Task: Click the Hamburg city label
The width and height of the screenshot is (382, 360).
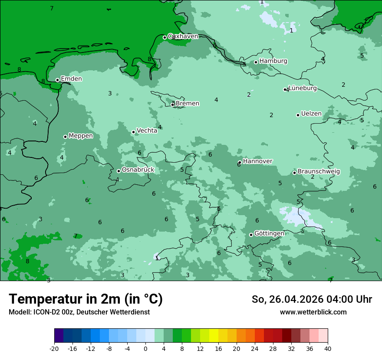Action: click(x=273, y=61)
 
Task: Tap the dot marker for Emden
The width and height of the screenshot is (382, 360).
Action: click(x=57, y=80)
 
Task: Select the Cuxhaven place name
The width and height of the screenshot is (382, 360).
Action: click(x=183, y=36)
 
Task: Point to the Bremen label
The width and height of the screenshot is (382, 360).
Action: click(x=188, y=104)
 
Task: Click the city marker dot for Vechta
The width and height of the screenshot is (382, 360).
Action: click(x=133, y=132)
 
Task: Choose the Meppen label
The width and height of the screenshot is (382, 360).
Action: click(x=81, y=136)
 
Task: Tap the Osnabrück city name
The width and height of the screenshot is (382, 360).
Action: click(x=138, y=170)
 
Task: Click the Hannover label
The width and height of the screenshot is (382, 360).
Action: click(x=257, y=161)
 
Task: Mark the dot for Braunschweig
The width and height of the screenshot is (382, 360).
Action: click(x=294, y=173)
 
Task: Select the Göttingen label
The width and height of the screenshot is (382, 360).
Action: click(x=269, y=233)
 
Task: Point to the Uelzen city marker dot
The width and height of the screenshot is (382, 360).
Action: click(x=298, y=115)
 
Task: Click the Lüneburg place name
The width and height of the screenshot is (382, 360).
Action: click(x=303, y=88)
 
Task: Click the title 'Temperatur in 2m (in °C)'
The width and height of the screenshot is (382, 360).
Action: click(x=86, y=299)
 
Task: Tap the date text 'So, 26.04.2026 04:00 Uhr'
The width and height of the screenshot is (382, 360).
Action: click(x=312, y=299)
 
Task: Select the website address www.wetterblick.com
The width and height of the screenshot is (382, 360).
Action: click(x=313, y=312)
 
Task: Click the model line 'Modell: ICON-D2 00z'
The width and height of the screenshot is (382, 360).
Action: click(x=79, y=312)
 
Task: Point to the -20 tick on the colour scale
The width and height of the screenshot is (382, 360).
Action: click(x=54, y=349)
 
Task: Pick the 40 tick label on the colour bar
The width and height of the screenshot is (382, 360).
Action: click(x=327, y=349)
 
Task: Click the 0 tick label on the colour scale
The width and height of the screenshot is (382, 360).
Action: click(x=145, y=349)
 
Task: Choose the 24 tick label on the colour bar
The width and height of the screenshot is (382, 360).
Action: click(x=254, y=349)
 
